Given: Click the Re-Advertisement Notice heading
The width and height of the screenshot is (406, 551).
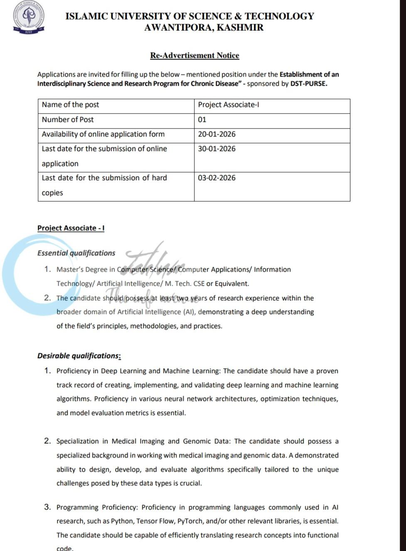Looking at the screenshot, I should tap(194, 55).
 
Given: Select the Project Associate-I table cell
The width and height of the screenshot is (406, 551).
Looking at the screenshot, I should tap(228, 105).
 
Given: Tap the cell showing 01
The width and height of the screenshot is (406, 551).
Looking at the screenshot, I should tap(202, 120).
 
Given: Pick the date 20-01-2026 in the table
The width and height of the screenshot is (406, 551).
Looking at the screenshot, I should tap(217, 134).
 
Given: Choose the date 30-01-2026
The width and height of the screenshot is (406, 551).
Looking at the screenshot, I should tap(217, 149).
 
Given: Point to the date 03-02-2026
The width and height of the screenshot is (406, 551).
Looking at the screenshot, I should tap(217, 178).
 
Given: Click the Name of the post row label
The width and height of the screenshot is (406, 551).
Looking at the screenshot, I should tap(70, 105).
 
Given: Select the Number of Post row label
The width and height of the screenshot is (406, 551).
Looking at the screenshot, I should tap(68, 120).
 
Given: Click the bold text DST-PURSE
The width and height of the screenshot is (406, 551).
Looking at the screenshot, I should tap(309, 84).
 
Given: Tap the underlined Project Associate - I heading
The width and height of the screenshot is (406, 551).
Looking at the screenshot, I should tap(71, 228).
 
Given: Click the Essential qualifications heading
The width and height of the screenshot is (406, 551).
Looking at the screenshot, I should tap(76, 253).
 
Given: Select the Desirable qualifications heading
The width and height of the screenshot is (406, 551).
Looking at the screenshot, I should tap(79, 356).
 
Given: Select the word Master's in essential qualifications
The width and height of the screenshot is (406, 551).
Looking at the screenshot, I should tap(70, 269).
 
